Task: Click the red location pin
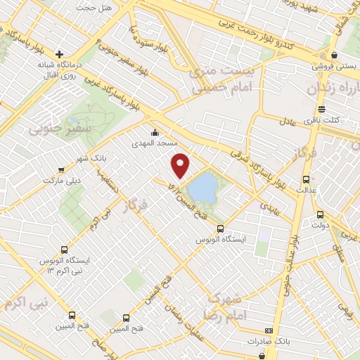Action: tap(181, 165)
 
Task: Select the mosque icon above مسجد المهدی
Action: tap(155, 132)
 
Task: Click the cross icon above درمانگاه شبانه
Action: tap(60, 54)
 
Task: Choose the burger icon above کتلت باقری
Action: tap(321, 108)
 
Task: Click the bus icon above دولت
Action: tap(320, 214)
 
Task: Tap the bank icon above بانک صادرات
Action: tap(268, 330)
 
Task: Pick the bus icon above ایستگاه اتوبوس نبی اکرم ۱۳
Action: tap(64, 249)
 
